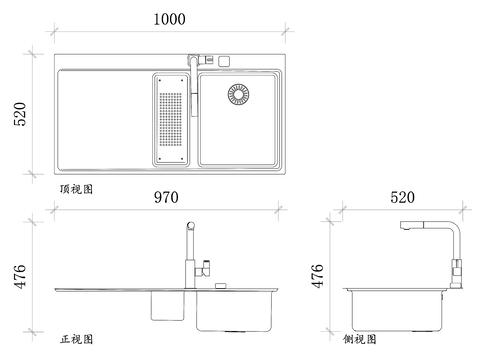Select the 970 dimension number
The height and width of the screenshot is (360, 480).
166,198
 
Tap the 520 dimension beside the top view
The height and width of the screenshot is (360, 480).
18,117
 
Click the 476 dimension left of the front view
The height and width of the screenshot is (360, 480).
18,275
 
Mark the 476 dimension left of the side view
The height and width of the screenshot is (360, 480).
318,275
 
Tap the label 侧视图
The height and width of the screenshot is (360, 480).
361,339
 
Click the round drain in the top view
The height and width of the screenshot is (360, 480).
241,95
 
